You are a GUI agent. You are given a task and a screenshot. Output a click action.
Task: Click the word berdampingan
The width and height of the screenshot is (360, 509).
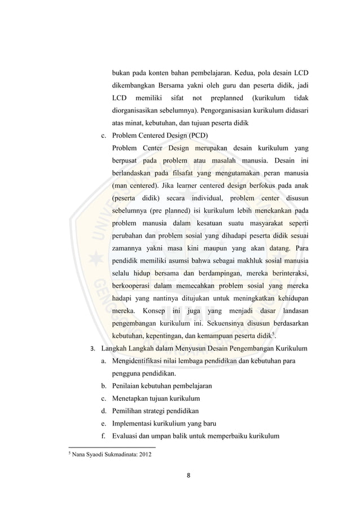[x=213, y=273]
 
